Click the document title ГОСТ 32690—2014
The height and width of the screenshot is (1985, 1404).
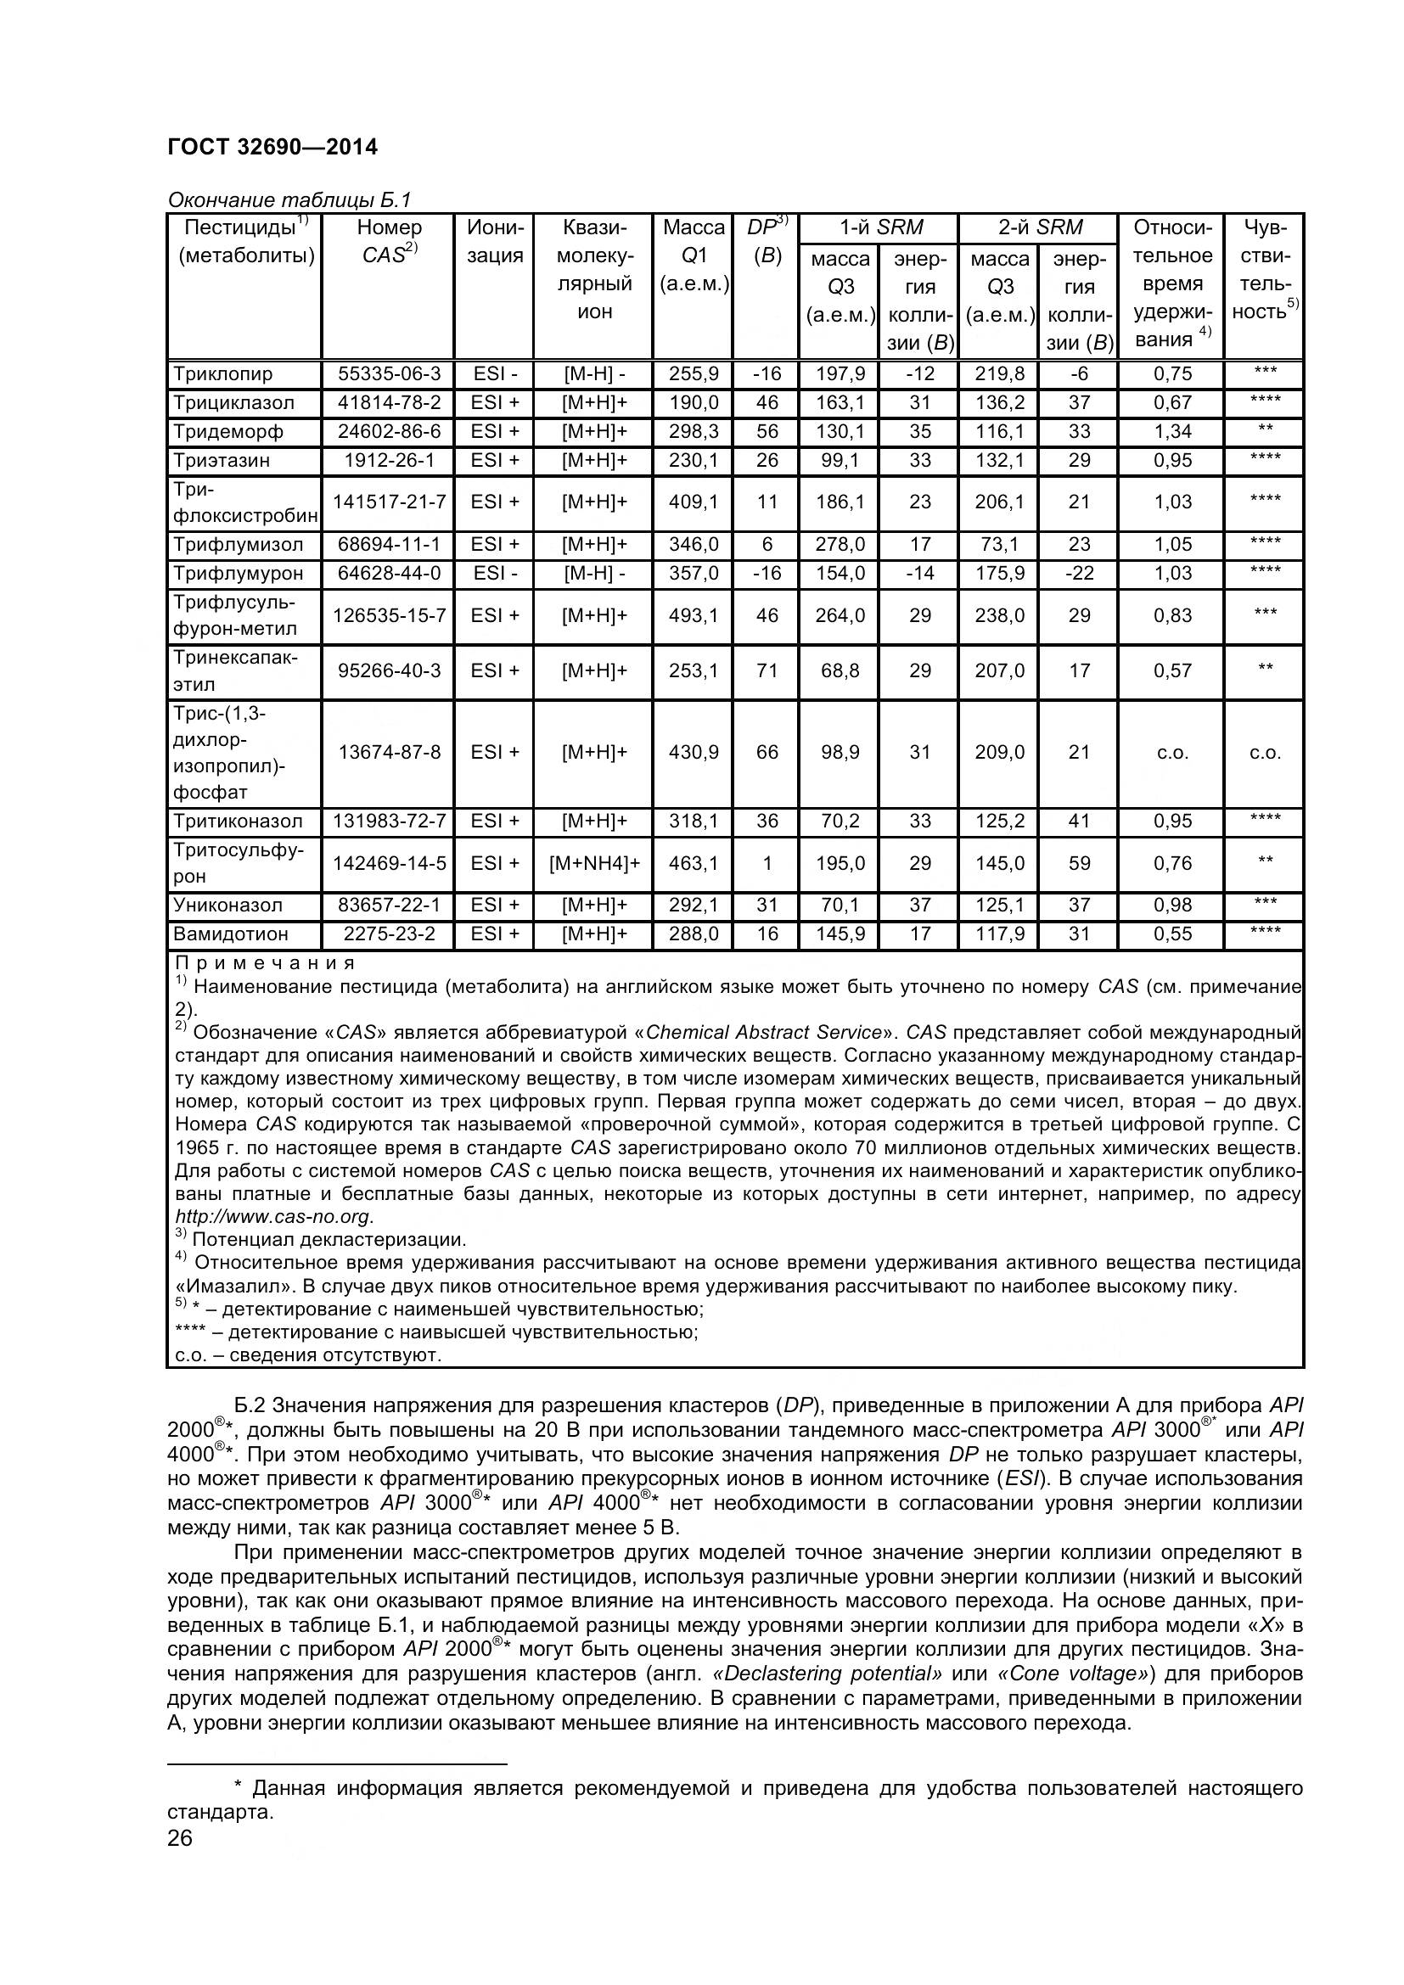(272, 147)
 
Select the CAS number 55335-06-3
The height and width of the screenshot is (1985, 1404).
(389, 373)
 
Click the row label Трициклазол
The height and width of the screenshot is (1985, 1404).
(233, 402)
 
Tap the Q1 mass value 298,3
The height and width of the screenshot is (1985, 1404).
(694, 430)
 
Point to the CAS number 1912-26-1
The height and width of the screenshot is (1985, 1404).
(389, 460)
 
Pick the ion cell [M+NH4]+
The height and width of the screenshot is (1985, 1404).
(594, 863)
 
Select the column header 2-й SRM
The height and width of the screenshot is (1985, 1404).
(1040, 227)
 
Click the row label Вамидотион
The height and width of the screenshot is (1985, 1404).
(231, 934)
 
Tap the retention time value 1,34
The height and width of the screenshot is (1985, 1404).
(1172, 430)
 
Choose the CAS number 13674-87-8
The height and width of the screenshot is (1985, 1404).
(389, 752)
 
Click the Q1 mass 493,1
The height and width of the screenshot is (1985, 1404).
(694, 615)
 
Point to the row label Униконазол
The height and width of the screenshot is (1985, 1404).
(228, 906)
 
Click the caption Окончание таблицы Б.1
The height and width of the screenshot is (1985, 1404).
(289, 200)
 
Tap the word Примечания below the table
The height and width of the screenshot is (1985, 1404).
(265, 963)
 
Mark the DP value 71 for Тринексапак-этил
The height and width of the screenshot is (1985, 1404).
(767, 671)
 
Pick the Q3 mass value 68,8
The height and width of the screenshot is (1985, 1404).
(840, 671)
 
